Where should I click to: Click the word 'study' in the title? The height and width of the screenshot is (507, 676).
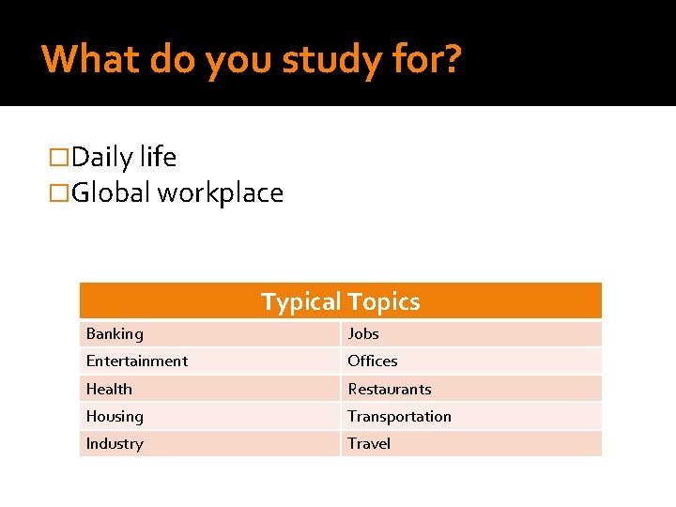point(330,60)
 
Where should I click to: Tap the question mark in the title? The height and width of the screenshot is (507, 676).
point(452,59)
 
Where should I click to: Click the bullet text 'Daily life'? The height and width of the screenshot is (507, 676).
point(123,157)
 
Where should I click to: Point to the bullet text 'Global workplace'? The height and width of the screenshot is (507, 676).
point(177,192)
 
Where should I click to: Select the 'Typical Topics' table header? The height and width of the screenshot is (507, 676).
point(340,301)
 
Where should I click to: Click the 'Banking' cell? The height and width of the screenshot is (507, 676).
point(115,333)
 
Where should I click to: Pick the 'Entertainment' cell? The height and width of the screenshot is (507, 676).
point(137,361)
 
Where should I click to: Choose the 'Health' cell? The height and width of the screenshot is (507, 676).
point(109,389)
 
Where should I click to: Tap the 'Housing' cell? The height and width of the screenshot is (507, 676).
point(115,416)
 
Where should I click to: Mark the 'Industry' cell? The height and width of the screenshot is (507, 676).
point(115,443)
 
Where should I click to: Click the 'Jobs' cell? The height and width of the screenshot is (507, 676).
point(363,333)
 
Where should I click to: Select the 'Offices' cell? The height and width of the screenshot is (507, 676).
point(373,361)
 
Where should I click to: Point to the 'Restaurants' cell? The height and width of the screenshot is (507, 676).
point(390,389)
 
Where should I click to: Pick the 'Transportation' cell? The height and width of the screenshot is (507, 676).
point(399,416)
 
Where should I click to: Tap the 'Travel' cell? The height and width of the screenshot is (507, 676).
point(369,443)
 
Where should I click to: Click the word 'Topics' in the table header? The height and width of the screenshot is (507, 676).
point(383,301)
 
